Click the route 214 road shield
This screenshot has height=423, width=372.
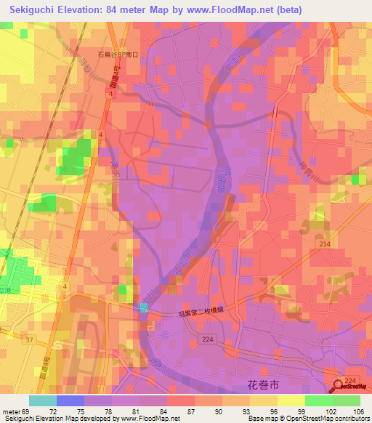(324, 246)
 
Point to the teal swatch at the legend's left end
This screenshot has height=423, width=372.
(43, 400)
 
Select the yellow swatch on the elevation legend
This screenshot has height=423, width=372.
(291, 400)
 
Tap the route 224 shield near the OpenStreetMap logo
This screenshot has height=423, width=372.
(350, 381)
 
